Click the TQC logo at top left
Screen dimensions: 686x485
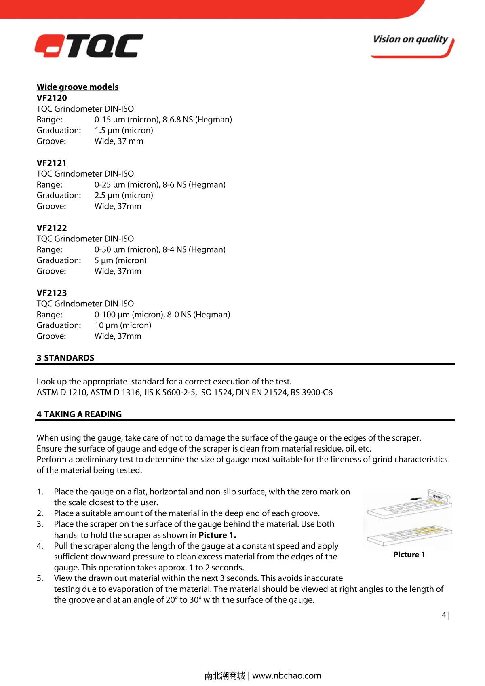(x=89, y=46)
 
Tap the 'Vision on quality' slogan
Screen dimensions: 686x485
(x=410, y=40)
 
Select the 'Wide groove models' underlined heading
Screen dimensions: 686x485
(x=78, y=87)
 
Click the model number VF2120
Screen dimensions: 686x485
(x=52, y=98)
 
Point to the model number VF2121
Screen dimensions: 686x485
(x=52, y=163)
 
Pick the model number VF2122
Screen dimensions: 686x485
(x=52, y=228)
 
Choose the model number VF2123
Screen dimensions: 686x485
(x=52, y=293)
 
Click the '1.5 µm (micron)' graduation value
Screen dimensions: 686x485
(x=124, y=130)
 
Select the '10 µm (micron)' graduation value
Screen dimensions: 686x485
(x=123, y=325)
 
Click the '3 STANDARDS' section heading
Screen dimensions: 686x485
(x=65, y=358)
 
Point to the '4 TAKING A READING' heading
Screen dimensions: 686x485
(x=79, y=414)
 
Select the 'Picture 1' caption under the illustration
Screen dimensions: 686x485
(x=409, y=555)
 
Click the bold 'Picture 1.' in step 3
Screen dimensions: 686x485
(x=217, y=535)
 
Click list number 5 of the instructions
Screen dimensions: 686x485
(x=40, y=578)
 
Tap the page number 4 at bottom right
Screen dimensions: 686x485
(x=444, y=615)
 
